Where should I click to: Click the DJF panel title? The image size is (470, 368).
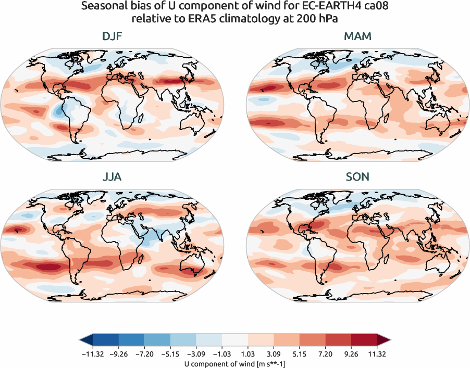pyautogui.click(x=112, y=37)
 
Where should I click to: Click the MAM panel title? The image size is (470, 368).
pyautogui.click(x=357, y=37)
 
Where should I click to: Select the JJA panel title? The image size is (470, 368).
pyautogui.click(x=112, y=177)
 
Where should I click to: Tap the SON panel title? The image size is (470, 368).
pyautogui.click(x=357, y=177)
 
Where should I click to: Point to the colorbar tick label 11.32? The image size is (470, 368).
pyautogui.click(x=377, y=353)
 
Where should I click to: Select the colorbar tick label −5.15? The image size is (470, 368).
pyautogui.click(x=170, y=353)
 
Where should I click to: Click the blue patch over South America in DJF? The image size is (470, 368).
pyautogui.click(x=59, y=111)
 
